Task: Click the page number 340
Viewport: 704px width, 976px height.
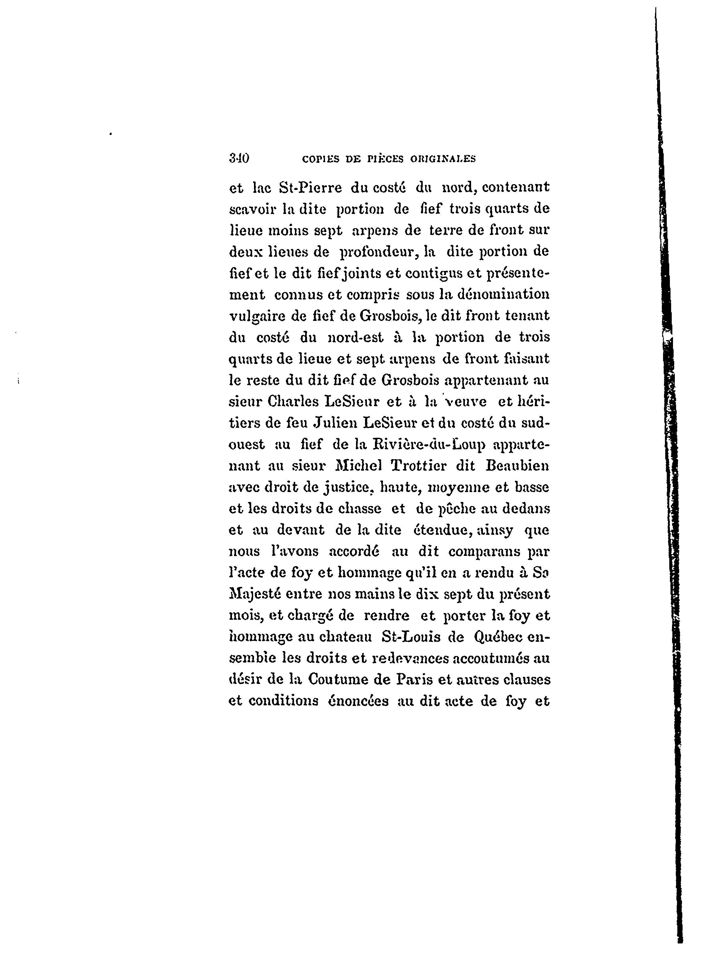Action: coord(239,158)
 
